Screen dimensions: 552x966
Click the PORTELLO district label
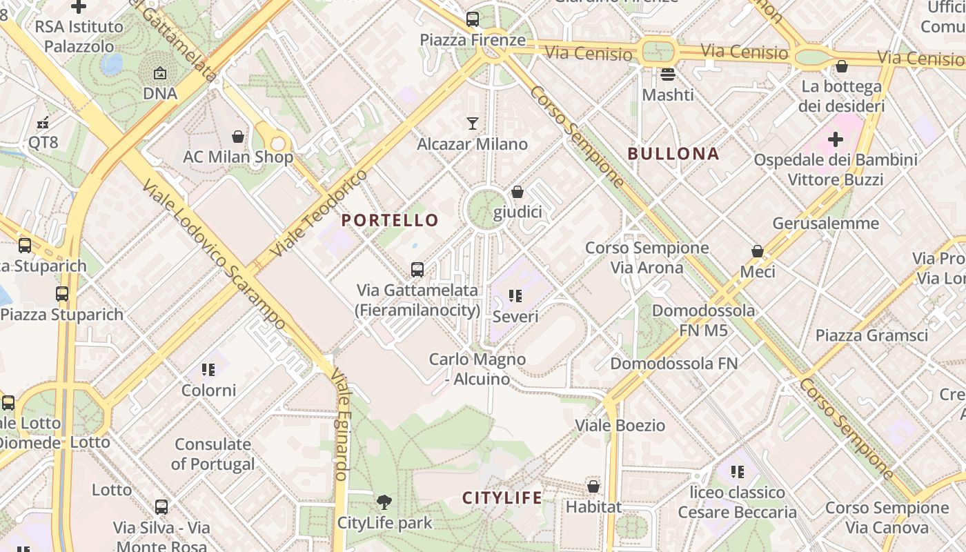point(390,220)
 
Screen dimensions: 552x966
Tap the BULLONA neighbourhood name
point(673,153)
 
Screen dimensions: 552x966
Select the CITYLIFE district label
point(502,497)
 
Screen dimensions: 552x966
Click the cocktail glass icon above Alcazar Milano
point(473,124)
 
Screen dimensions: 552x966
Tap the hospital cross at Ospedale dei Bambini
point(836,139)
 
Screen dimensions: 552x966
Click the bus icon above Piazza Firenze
point(473,19)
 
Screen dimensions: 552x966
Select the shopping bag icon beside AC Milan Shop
point(238,137)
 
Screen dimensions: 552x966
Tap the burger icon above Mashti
point(667,74)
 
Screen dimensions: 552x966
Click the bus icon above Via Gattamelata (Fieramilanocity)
point(417,269)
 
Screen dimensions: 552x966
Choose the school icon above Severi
point(515,296)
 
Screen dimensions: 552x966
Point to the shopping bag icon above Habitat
point(593,486)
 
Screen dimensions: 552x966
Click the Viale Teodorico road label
point(319,213)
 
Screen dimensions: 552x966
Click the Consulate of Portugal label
point(213,454)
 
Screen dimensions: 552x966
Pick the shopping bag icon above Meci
point(758,251)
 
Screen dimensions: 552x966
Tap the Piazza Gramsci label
point(871,335)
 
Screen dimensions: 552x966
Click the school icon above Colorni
point(208,370)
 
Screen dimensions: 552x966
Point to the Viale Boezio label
point(620,425)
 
